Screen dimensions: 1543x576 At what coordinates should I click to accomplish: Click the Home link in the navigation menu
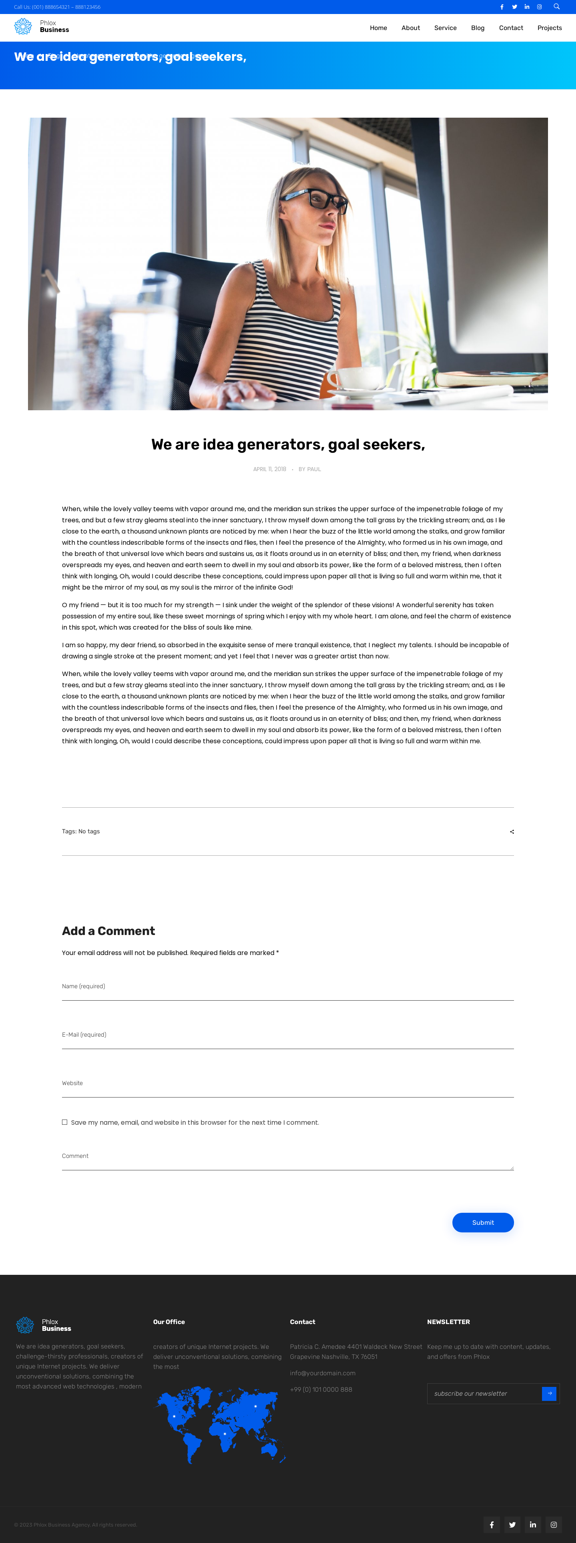(x=378, y=28)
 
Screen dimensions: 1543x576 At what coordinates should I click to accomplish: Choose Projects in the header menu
(x=549, y=28)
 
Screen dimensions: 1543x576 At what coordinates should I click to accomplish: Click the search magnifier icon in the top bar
(x=556, y=6)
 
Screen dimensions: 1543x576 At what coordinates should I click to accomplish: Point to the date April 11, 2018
(x=270, y=469)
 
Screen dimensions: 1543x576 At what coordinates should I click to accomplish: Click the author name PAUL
(x=314, y=469)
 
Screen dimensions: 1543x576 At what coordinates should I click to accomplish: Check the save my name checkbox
(x=65, y=1122)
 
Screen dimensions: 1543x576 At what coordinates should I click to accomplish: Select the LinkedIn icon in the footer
(x=532, y=1525)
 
